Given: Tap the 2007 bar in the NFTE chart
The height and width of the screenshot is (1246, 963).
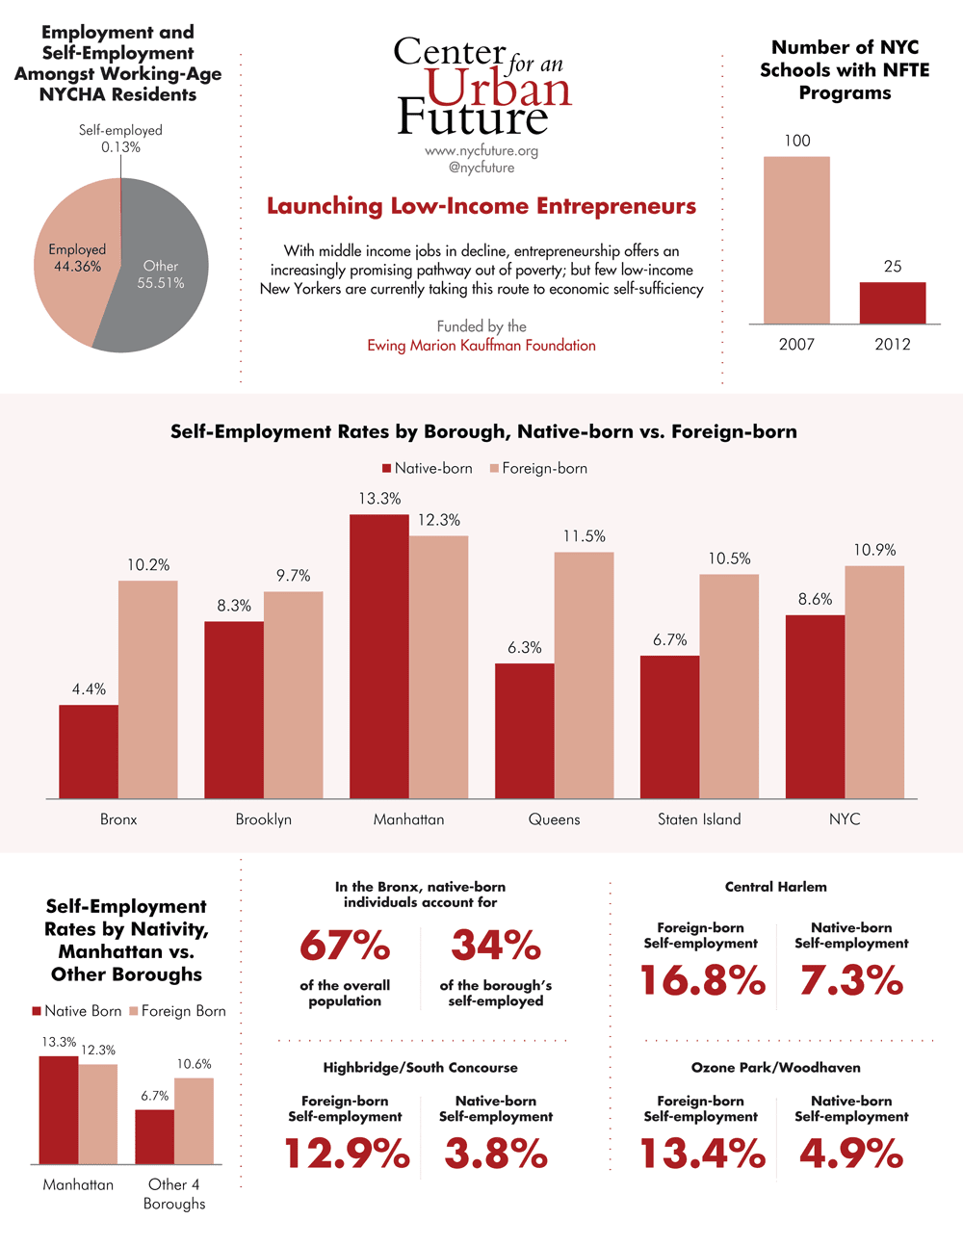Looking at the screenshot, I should point(796,240).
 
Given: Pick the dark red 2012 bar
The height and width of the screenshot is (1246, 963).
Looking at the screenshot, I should point(893,302).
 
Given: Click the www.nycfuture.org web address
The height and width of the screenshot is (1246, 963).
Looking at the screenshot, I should point(481,150).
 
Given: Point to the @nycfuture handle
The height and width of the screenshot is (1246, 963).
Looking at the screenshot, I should point(481,168).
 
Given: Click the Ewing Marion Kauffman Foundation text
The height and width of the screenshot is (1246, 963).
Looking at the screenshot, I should point(481,345).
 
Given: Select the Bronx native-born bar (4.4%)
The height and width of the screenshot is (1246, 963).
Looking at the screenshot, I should point(89,751).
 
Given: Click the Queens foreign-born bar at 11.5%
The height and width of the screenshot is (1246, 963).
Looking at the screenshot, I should point(584,674).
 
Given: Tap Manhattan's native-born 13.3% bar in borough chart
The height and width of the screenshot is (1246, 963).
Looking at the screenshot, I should point(379,655).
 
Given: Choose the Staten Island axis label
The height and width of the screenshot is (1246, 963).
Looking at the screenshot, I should point(699,819).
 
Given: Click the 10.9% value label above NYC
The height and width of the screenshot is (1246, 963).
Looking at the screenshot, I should point(874,550).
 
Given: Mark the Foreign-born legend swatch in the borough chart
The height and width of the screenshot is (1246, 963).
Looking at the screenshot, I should point(495,469).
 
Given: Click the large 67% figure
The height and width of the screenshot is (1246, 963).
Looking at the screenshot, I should point(345,946).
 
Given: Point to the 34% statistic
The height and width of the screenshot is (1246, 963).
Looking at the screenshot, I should point(496,946).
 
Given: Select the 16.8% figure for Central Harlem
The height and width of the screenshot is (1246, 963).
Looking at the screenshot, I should point(702,981).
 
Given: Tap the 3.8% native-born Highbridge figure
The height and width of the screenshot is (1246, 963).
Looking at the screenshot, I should point(496,1154).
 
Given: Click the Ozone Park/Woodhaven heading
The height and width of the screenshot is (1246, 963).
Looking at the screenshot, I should point(775,1067).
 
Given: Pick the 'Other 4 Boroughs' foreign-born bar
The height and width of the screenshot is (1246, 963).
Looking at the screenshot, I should point(194,1120).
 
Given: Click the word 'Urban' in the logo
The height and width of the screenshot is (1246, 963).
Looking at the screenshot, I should point(498,90).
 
